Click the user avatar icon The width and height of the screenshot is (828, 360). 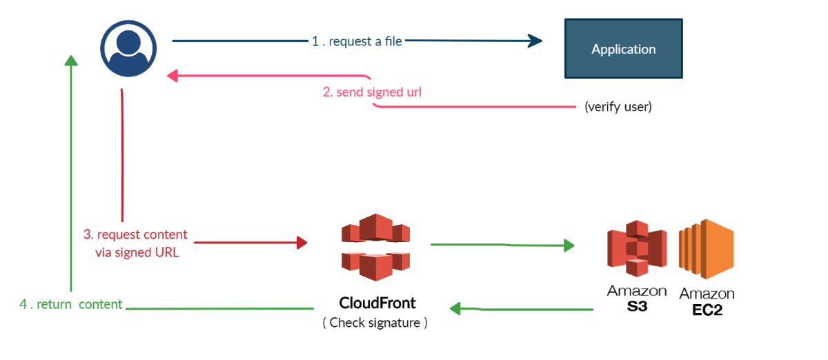pos(125,48)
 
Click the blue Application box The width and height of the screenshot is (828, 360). pos(623,48)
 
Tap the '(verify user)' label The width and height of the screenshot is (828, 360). pos(618,108)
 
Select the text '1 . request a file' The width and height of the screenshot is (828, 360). pos(357,41)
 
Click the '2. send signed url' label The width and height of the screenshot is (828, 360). pos(372,92)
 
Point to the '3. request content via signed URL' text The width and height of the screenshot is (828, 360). pos(136,243)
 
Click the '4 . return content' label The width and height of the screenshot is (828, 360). pos(70,304)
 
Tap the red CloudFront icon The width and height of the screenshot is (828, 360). pos(375,246)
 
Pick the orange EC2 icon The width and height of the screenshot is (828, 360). pos(705,248)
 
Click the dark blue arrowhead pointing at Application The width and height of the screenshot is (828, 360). pos(535,41)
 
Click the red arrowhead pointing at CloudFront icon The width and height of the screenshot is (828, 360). pos(301,242)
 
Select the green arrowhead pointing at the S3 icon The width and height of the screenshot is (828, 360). pos(569,245)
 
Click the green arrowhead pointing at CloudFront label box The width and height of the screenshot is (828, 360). pos(457,309)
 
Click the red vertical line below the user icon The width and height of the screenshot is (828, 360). pos(122,159)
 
